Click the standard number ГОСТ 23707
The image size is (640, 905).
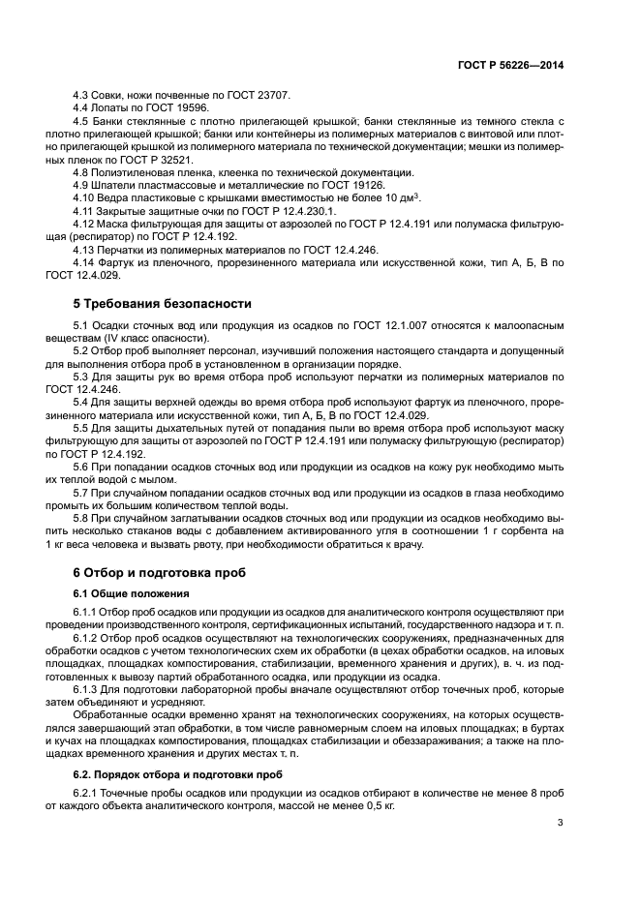tap(251, 94)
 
